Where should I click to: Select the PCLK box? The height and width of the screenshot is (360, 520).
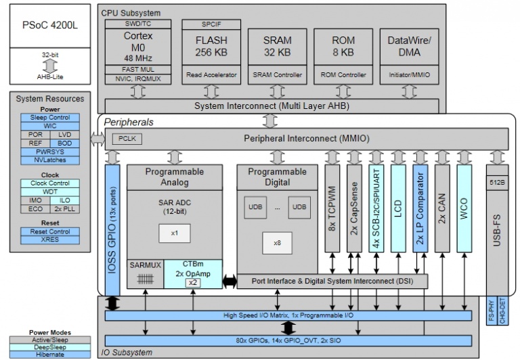pyautogui.click(x=127, y=138)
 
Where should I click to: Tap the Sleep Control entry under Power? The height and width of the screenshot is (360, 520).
pyautogui.click(x=49, y=117)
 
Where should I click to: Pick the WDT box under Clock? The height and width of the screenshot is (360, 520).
pyautogui.click(x=49, y=192)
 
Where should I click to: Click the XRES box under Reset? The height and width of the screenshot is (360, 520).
pyautogui.click(x=49, y=240)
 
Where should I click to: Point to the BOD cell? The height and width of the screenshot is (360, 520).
pyautogui.click(x=64, y=143)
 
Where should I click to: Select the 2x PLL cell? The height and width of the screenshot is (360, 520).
pyautogui.click(x=64, y=208)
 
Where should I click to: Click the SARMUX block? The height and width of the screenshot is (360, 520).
pyautogui.click(x=145, y=265)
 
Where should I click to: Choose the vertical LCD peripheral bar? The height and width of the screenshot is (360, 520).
pyautogui.click(x=398, y=208)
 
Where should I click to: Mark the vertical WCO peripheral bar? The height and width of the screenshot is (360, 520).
pyautogui.click(x=464, y=208)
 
